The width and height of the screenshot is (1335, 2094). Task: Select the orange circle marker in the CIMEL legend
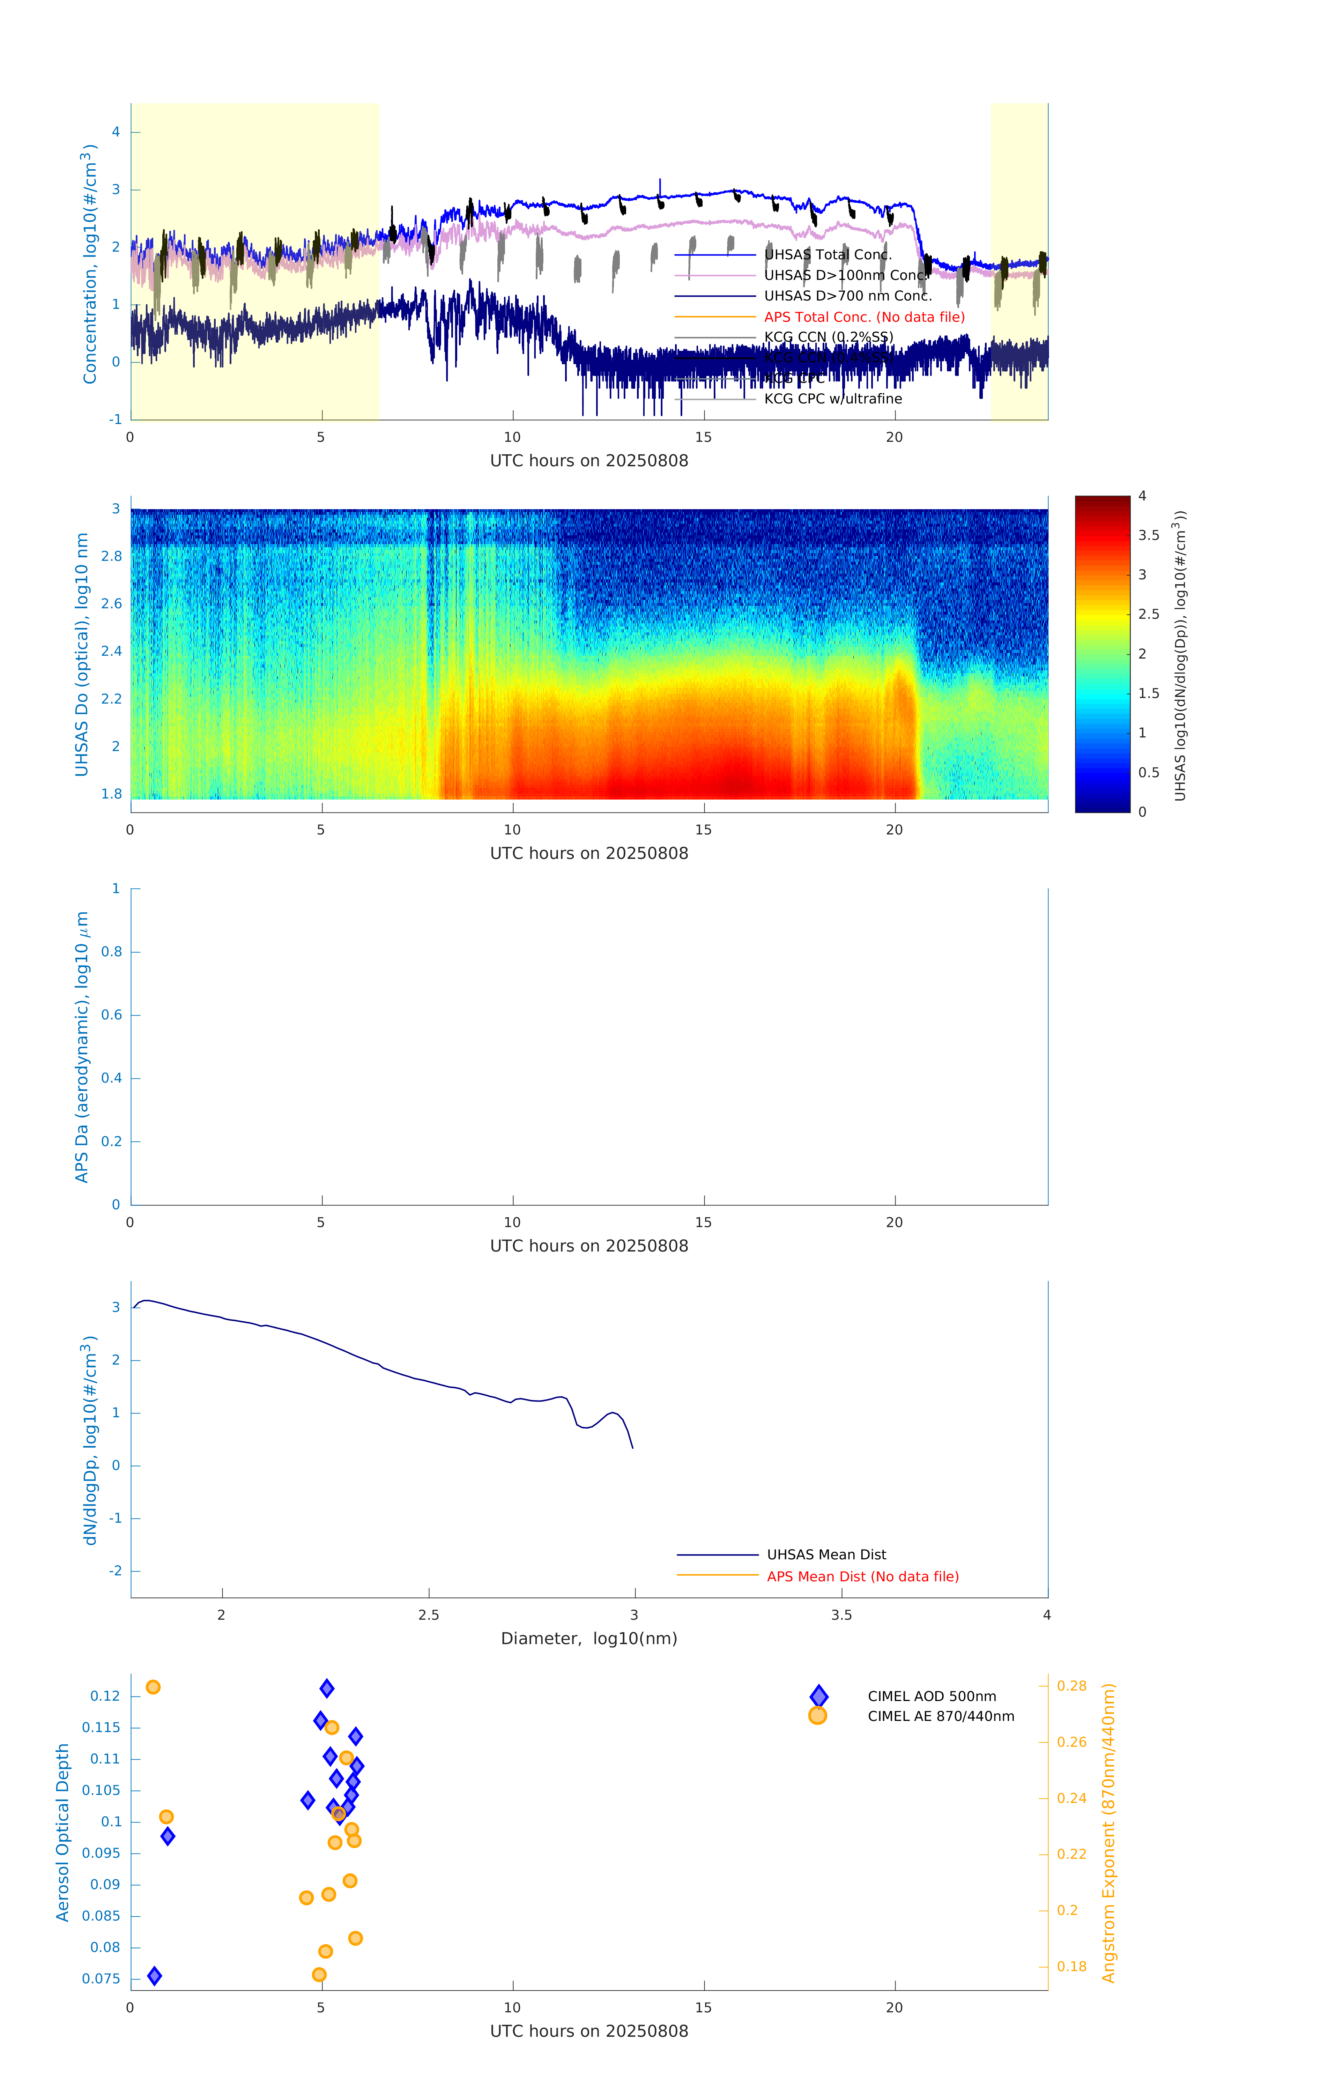[817, 1716]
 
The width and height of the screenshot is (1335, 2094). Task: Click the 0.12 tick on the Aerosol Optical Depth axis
[105, 1696]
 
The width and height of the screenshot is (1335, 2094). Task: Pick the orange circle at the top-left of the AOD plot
[153, 1687]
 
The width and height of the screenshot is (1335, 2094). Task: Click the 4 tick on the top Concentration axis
[116, 132]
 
